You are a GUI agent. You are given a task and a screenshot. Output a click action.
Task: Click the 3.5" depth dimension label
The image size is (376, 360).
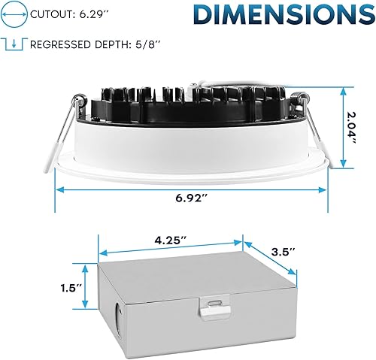tap(283, 250)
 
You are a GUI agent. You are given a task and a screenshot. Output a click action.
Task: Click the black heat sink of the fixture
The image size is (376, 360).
tap(188, 105)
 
